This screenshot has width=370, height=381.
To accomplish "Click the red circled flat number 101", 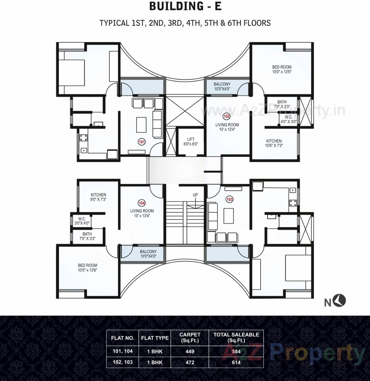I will (142, 142).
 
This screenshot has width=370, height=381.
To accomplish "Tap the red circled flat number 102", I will (227, 116).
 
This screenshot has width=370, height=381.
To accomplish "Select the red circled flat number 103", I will (230, 199).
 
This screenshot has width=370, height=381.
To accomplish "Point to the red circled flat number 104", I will (142, 203).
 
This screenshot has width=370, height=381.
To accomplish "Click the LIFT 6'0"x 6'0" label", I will (191, 141).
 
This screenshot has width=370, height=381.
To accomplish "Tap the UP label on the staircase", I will (195, 195).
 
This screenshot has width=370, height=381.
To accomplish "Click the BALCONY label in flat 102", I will (222, 86).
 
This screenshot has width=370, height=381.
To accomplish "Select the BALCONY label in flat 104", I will (148, 254).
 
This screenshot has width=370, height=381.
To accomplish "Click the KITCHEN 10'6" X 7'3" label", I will (274, 143).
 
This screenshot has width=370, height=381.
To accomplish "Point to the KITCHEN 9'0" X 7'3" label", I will (98, 197).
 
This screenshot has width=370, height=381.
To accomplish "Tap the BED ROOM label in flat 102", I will (282, 69).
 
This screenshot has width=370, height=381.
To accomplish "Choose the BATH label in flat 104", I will (87, 236).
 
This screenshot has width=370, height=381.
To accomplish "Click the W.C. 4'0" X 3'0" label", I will (288, 119).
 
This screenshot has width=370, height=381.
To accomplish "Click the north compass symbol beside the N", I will (341, 301).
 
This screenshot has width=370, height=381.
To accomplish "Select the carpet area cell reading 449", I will (190, 352).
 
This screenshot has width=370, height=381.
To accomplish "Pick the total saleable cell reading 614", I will (236, 362).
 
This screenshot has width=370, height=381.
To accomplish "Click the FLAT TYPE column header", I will (155, 338).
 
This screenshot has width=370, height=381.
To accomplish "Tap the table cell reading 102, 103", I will (123, 362).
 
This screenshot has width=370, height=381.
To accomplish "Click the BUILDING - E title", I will (185, 6).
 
